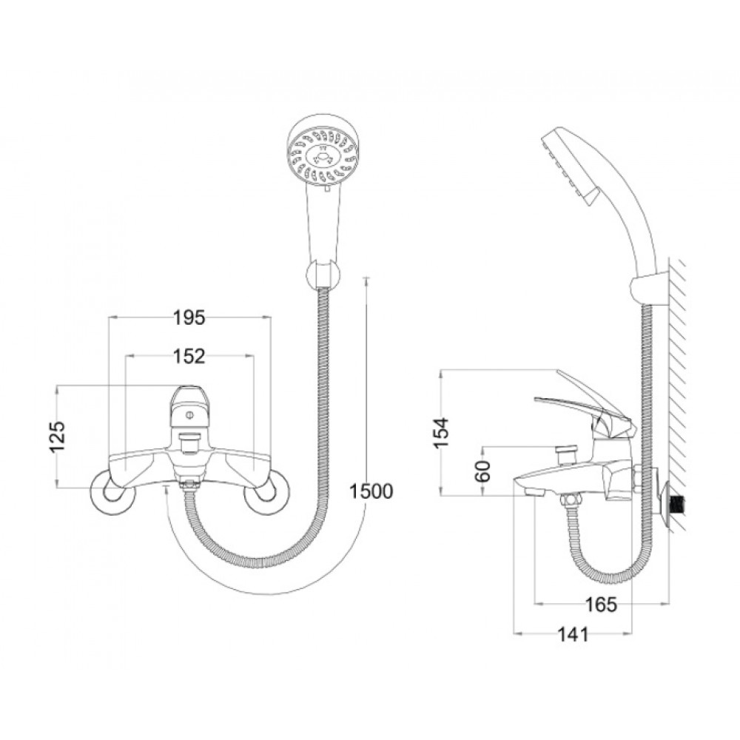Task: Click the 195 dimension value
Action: pyautogui.click(x=189, y=317)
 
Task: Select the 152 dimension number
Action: pyautogui.click(x=189, y=357)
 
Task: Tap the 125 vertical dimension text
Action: pyautogui.click(x=58, y=437)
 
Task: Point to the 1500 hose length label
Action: pyautogui.click(x=371, y=491)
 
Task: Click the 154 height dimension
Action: pyautogui.click(x=443, y=432)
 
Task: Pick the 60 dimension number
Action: pyautogui.click(x=483, y=471)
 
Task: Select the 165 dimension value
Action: pyautogui.click(x=601, y=604)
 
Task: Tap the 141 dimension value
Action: pyautogui.click(x=573, y=634)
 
